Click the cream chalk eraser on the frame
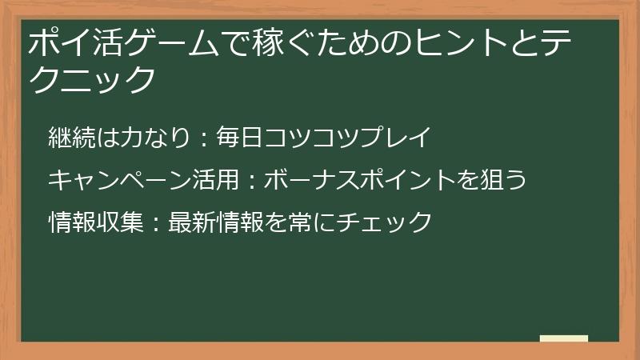(x=564, y=338)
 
